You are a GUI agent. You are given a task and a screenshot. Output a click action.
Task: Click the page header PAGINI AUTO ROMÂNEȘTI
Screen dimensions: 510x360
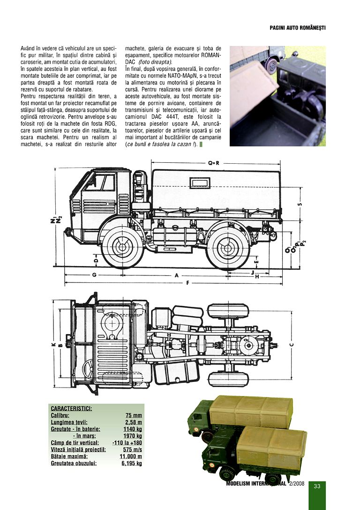tap(297, 28)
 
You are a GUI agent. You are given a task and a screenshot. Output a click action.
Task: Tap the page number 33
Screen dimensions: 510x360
tap(317, 486)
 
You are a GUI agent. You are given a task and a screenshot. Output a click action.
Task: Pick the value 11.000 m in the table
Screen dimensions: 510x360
tap(131, 457)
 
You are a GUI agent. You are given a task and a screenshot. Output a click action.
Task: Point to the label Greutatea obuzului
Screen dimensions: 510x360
tap(74, 464)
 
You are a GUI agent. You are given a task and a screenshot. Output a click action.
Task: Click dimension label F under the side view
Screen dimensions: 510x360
tap(187, 283)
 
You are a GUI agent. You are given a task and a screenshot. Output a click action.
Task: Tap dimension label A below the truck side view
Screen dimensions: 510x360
tap(176, 275)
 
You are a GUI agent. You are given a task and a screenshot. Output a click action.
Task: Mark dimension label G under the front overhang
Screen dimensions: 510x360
tap(94, 275)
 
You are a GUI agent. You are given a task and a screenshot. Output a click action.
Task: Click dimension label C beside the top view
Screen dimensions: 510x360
tap(292, 345)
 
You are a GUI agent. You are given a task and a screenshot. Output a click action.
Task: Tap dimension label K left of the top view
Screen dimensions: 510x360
tap(54, 345)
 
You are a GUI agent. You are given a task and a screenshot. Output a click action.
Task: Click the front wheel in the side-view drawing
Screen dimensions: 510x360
tap(122, 248)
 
